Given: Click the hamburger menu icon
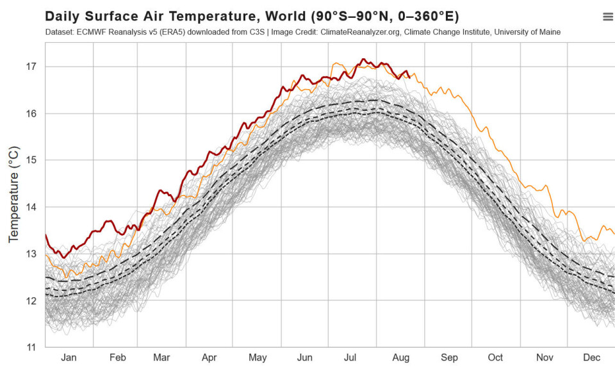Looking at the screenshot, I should point(607,17).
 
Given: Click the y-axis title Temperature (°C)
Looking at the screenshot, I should point(13,195).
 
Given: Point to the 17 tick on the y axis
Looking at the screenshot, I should point(31,67).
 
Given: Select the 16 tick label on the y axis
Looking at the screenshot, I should point(31,113).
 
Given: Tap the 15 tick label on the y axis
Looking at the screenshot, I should point(31,160).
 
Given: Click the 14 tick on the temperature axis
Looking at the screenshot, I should point(31,207).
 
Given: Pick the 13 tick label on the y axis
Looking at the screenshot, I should point(31,254).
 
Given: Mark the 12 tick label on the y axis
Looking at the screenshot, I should point(31,300).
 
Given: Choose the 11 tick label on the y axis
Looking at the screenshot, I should point(31,347).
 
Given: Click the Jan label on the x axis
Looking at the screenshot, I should point(69,357).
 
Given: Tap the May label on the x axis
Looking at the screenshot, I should point(258,357).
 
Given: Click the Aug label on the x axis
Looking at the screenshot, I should point(401,357).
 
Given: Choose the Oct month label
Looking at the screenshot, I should point(495,357).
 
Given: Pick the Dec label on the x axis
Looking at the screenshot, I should point(591,357).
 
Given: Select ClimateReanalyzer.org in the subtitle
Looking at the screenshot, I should point(371,32).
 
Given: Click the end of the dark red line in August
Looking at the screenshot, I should point(409,78).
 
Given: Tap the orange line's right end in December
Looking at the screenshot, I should point(614,233).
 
